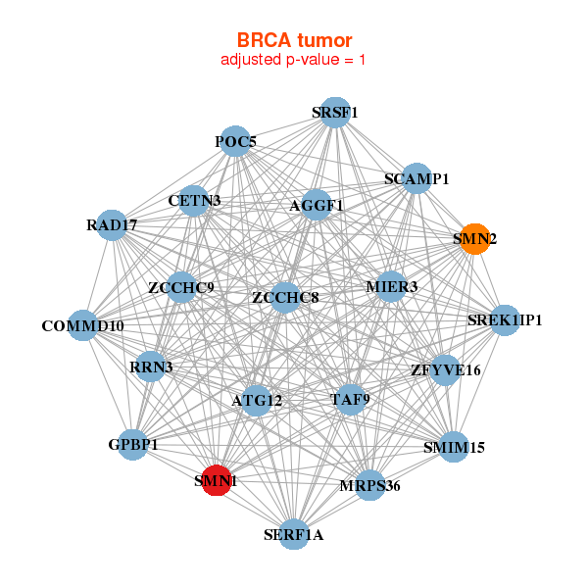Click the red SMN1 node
(x=216, y=481)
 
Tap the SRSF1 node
(x=335, y=113)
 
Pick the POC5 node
(x=235, y=142)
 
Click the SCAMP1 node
(x=416, y=178)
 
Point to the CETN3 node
(x=194, y=201)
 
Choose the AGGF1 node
(x=316, y=206)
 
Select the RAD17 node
(x=112, y=225)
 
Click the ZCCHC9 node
(x=181, y=287)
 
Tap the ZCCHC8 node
(x=285, y=297)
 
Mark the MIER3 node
(x=391, y=286)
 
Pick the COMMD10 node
(x=82, y=325)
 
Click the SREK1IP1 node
(x=505, y=319)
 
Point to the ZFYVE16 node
(x=446, y=369)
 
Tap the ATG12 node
(x=257, y=400)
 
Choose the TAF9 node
(x=350, y=399)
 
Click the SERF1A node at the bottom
(x=293, y=534)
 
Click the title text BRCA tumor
(x=294, y=40)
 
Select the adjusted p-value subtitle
(x=294, y=60)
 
